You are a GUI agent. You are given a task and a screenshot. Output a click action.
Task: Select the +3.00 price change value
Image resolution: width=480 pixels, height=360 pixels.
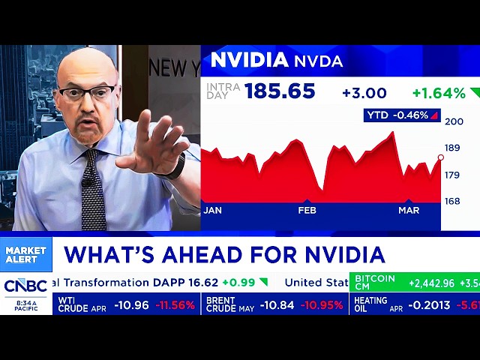[x=364, y=93]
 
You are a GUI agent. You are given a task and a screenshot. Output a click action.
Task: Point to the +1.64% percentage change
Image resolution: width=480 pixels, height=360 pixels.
[x=439, y=93]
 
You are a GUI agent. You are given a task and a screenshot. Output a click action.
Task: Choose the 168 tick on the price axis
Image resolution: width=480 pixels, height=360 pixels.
[x=452, y=201]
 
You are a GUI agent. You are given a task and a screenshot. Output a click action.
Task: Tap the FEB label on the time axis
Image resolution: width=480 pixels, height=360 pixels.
[x=307, y=211]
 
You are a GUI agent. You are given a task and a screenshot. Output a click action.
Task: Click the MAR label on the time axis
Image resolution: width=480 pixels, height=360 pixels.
[x=409, y=211]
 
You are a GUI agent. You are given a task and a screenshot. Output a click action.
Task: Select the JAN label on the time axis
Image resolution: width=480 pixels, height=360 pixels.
[x=212, y=211]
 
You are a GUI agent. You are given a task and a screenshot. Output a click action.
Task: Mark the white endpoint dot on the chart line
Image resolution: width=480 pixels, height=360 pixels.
[x=440, y=157]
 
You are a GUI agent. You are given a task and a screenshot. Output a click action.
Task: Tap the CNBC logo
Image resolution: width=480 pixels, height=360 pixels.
[x=25, y=286]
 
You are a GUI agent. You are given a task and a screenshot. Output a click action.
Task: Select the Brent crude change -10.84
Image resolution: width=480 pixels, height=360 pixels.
[x=272, y=305]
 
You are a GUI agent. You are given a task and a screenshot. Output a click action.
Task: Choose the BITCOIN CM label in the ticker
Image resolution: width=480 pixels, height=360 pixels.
[x=374, y=283]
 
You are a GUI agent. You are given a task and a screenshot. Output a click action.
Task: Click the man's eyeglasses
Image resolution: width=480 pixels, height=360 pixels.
[x=88, y=93]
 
